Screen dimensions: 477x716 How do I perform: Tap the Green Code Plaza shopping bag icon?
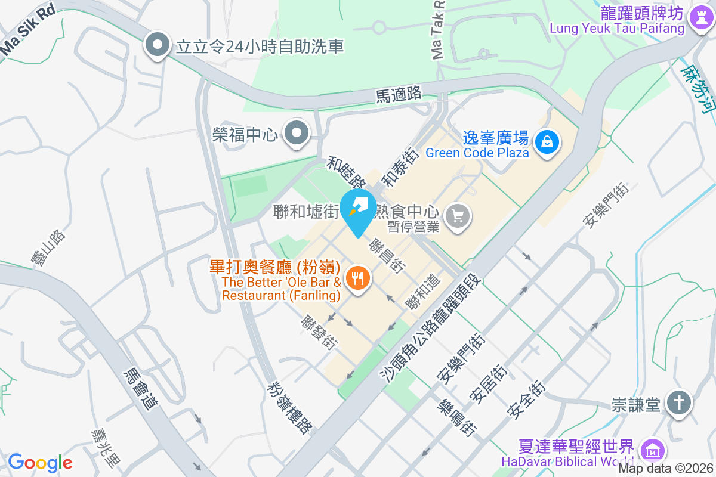(547, 142)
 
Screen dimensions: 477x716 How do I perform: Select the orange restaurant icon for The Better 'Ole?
(357, 278)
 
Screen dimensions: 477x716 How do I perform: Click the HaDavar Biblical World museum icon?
(649, 450)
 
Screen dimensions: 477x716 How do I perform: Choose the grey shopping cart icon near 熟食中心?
(458, 215)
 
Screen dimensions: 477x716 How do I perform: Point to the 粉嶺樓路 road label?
(290, 408)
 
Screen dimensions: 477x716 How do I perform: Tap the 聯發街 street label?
(319, 332)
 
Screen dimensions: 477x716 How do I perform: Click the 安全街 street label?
(526, 399)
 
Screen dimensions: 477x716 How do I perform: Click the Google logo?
(40, 463)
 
